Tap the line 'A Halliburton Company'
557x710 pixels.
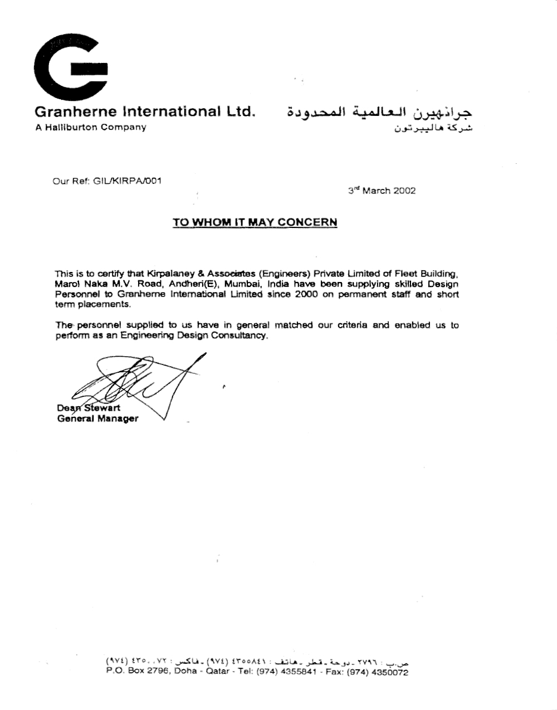click(x=91, y=127)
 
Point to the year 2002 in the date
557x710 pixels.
click(x=404, y=191)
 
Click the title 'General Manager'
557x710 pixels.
click(x=97, y=419)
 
